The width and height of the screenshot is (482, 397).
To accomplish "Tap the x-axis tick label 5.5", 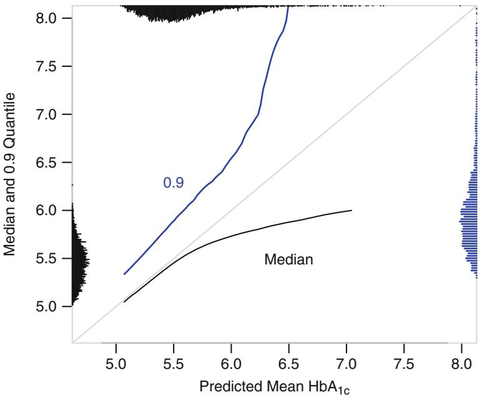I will coord(174,363).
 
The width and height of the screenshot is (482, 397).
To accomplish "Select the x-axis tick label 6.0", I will coord(231,363).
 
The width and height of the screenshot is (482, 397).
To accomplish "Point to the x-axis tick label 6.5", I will coord(289,363).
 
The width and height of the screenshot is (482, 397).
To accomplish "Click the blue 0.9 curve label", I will coord(174,183).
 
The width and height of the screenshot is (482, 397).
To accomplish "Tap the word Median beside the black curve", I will coord(288,259).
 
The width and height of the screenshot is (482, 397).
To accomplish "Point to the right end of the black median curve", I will coord(352,211).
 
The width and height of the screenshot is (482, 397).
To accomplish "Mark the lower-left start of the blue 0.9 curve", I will coord(124,274).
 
